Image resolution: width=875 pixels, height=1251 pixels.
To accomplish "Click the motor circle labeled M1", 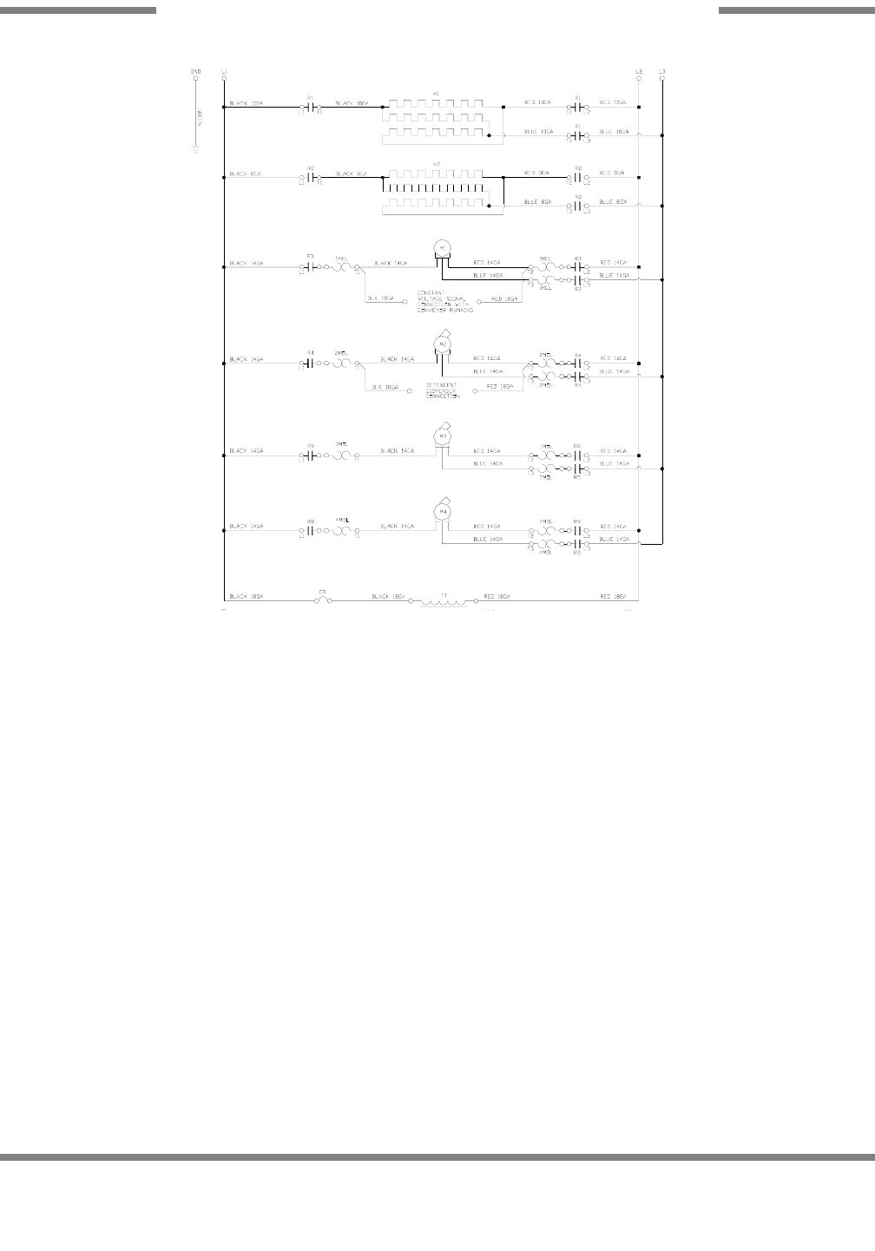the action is (x=442, y=248).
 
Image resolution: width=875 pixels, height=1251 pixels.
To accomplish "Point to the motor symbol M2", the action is (x=442, y=344).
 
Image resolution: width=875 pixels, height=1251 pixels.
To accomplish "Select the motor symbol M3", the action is (x=442, y=437).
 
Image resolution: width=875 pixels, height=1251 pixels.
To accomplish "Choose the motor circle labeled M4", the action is (x=442, y=513).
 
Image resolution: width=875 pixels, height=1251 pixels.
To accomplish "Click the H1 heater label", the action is (x=436, y=93).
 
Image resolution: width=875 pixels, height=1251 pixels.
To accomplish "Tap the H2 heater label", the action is (x=436, y=164).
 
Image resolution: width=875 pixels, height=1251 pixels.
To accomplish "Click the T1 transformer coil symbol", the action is (x=443, y=601).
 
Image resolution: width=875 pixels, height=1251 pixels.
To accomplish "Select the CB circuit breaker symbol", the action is (x=322, y=598).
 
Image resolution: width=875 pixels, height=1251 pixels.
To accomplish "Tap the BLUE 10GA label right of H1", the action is (x=538, y=132).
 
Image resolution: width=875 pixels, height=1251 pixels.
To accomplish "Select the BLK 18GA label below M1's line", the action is (x=381, y=298).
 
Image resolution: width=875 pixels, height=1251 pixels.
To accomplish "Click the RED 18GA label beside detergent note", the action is (x=499, y=385).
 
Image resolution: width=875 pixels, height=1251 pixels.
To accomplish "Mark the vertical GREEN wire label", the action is (x=200, y=115).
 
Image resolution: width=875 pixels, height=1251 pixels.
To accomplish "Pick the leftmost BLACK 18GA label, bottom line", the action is (x=247, y=597).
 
